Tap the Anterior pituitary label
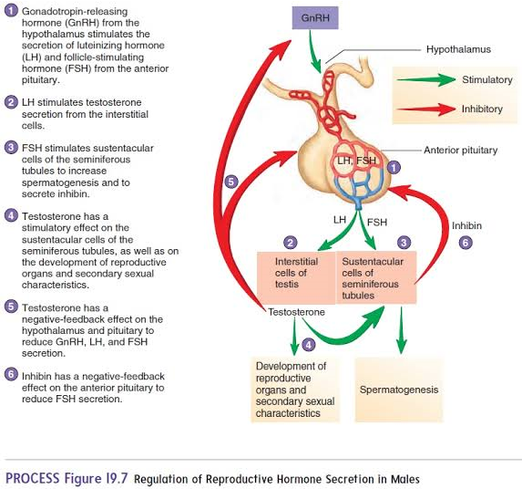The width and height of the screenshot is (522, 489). tap(459, 149)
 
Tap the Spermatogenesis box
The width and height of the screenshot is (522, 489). tap(398, 390)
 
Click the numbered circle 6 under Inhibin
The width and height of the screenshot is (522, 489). tap(466, 244)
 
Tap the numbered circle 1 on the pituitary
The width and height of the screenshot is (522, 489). tap(394, 168)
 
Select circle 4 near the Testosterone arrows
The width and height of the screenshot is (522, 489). tap(308, 344)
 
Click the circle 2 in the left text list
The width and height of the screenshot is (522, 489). tap(11, 101)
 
